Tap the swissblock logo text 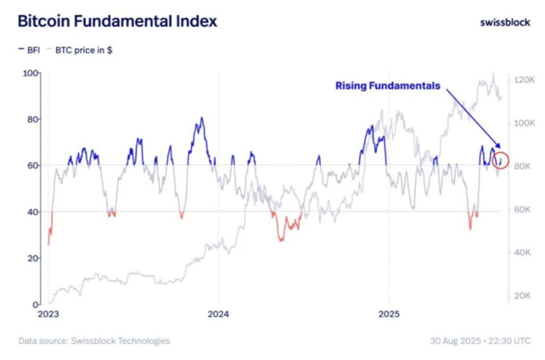pos(505,22)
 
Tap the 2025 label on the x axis pos(389,314)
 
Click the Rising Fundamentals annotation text pos(388,85)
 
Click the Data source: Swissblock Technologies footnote pos(94,340)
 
